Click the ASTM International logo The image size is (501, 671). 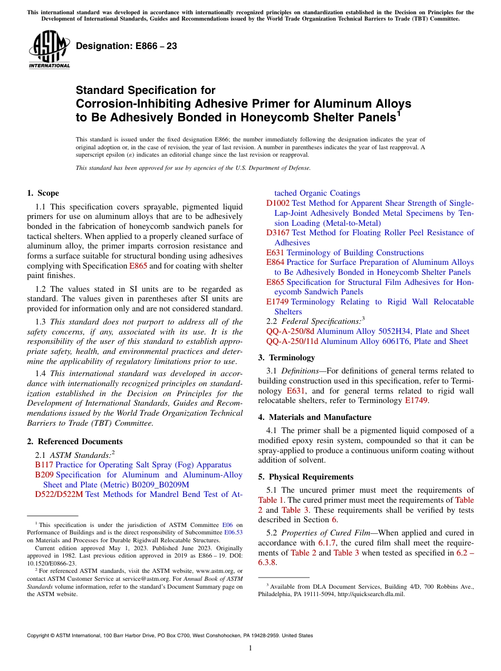point(49,50)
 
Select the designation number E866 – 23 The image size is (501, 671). point(127,46)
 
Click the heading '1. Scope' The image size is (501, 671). point(43,193)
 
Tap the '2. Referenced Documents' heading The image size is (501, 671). point(74,442)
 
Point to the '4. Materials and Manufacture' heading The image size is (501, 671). point(314,417)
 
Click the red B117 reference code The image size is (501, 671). point(44,465)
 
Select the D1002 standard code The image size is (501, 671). point(277,203)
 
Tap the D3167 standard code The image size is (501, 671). point(277,233)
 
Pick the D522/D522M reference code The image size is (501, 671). point(59,494)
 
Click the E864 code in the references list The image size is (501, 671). point(275,262)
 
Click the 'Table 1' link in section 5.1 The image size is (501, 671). point(271,500)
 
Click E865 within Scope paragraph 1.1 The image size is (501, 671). point(138,266)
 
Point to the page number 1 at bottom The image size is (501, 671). point(250,648)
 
